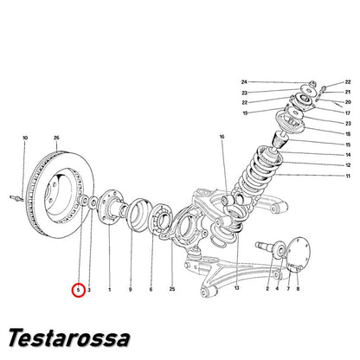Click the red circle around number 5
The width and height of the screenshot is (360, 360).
click(78, 290)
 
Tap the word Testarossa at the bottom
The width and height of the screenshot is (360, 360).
click(69, 337)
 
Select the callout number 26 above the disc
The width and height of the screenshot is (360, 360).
click(56, 138)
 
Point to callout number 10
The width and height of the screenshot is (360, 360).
click(25, 138)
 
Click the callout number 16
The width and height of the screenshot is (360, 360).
click(222, 137)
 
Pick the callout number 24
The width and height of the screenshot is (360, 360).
click(244, 82)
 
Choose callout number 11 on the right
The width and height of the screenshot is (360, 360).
click(348, 176)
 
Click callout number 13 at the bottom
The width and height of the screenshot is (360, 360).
click(237, 288)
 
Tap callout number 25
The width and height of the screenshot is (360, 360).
click(172, 289)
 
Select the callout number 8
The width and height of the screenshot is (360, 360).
click(298, 288)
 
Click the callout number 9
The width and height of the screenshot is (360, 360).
click(131, 289)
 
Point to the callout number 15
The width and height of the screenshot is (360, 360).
click(348, 145)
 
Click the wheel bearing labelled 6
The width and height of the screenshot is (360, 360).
click(161, 218)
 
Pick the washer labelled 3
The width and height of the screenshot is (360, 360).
click(93, 202)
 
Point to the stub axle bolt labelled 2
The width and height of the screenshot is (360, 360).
click(264, 247)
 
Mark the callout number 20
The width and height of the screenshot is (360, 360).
click(348, 102)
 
